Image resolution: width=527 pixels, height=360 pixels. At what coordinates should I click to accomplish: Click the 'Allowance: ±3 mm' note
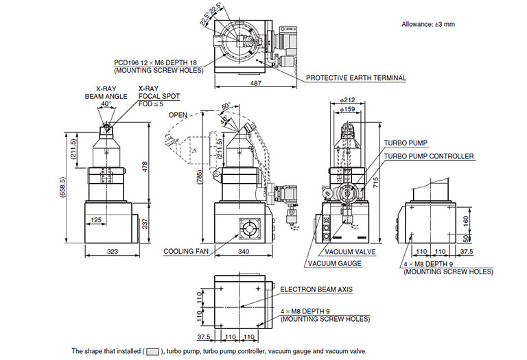[428, 24]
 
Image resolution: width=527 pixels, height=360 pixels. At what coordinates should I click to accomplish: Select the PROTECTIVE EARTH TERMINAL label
[356, 78]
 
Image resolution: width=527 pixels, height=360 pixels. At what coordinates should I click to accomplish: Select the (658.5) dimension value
[64, 188]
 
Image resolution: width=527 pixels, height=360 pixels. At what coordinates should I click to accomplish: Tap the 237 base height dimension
[145, 222]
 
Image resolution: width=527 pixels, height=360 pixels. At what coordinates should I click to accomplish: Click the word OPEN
[178, 115]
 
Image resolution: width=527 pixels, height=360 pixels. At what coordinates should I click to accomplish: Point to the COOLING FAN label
[185, 251]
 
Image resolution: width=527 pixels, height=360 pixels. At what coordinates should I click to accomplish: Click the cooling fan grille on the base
[249, 229]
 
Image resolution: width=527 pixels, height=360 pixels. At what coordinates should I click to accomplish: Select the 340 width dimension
[242, 252]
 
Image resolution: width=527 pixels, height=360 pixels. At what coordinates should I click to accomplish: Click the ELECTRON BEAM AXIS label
[316, 290]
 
